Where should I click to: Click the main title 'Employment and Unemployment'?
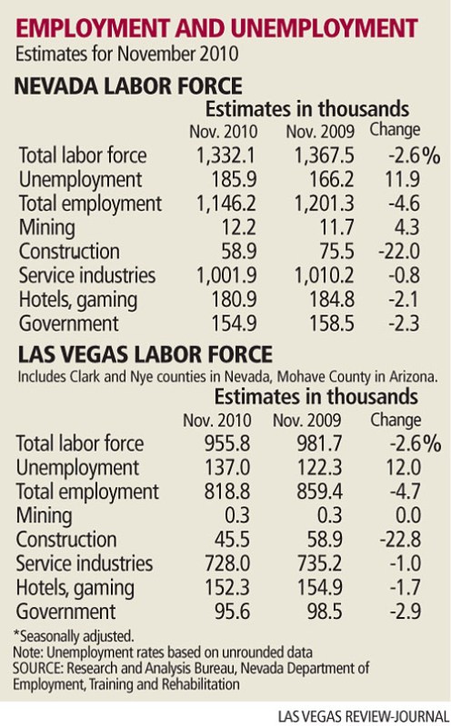pyautogui.click(x=216, y=28)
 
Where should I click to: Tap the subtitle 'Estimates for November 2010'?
pyautogui.click(x=127, y=55)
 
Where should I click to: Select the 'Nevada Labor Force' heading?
pyautogui.click(x=128, y=86)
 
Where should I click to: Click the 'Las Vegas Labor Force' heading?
pyautogui.click(x=145, y=354)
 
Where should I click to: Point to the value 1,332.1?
pyautogui.click(x=225, y=155)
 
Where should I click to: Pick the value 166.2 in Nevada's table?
pyautogui.click(x=330, y=179)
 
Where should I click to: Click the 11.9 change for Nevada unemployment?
pyautogui.click(x=403, y=179)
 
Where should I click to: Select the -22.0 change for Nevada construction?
pyautogui.click(x=399, y=252)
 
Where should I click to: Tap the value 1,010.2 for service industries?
pyautogui.click(x=325, y=275)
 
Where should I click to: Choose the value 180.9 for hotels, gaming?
pyautogui.click(x=234, y=300)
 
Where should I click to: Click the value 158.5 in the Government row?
pyautogui.click(x=331, y=323)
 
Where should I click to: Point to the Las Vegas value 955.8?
pyautogui.click(x=227, y=443)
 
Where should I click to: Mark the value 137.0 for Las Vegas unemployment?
pyautogui.click(x=227, y=468)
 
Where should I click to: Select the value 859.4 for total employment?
pyautogui.click(x=319, y=492)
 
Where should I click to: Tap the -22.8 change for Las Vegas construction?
pyautogui.click(x=400, y=540)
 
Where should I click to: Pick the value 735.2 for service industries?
pyautogui.click(x=319, y=564)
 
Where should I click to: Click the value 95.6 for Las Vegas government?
pyautogui.click(x=232, y=612)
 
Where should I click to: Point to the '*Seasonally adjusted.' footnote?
pyautogui.click(x=74, y=637)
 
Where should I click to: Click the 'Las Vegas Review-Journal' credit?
pyautogui.click(x=364, y=716)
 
